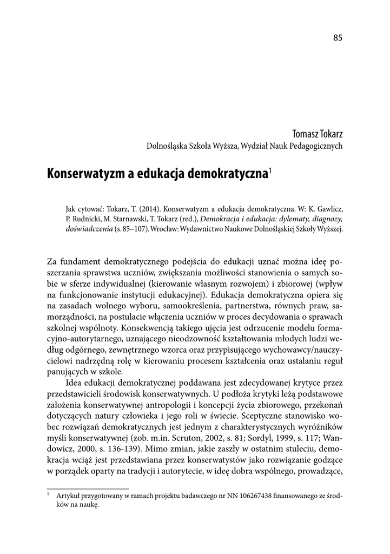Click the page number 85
pos(338,37)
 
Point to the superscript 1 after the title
pos(270,170)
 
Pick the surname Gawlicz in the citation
pos(330,208)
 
